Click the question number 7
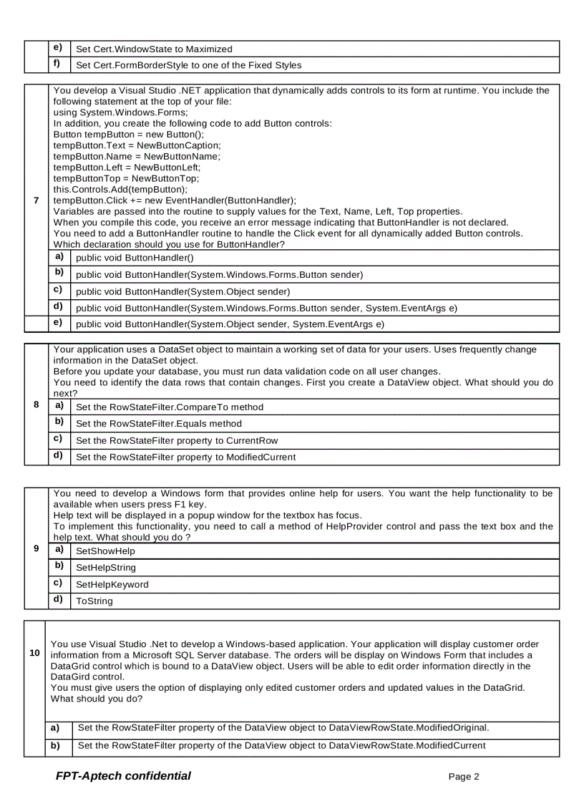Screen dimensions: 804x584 coord(36,200)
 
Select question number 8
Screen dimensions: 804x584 coord(36,404)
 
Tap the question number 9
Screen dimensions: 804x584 coord(36,548)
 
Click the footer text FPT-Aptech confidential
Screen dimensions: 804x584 coord(123,776)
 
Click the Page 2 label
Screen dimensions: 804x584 coord(464,777)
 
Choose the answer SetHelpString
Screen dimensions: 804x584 coord(106,568)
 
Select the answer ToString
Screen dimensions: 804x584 coord(94,601)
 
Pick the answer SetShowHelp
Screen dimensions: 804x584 coord(105,551)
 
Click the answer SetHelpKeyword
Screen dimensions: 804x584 coord(112,585)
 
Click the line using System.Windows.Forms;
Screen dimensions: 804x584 coord(121,112)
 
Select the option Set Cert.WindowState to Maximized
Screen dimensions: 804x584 coord(154,49)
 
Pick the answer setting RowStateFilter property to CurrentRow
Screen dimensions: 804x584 coord(177,440)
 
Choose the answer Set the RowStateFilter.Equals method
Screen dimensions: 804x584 coord(159,424)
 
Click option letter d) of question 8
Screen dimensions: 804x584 coord(59,455)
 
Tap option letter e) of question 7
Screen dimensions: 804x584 coord(59,323)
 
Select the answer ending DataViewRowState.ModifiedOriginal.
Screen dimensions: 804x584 coord(283,728)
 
